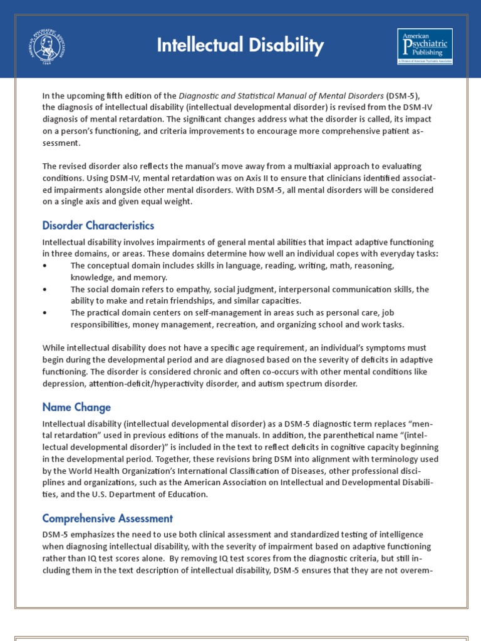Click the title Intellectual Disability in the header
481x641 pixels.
pyautogui.click(x=240, y=45)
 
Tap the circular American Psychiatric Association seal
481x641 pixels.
pyautogui.click(x=48, y=47)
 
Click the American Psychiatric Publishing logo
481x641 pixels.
pyautogui.click(x=425, y=46)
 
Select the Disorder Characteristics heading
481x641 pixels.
pyautogui.click(x=98, y=225)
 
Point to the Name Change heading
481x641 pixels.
pyautogui.click(x=76, y=407)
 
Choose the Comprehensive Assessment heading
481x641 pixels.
pyautogui.click(x=108, y=518)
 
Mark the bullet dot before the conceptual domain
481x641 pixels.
pyautogui.click(x=44, y=266)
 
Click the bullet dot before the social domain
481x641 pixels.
pyautogui.click(x=44, y=289)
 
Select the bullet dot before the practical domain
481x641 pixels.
pyautogui.click(x=44, y=312)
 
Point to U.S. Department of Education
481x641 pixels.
pyautogui.click(x=142, y=494)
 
